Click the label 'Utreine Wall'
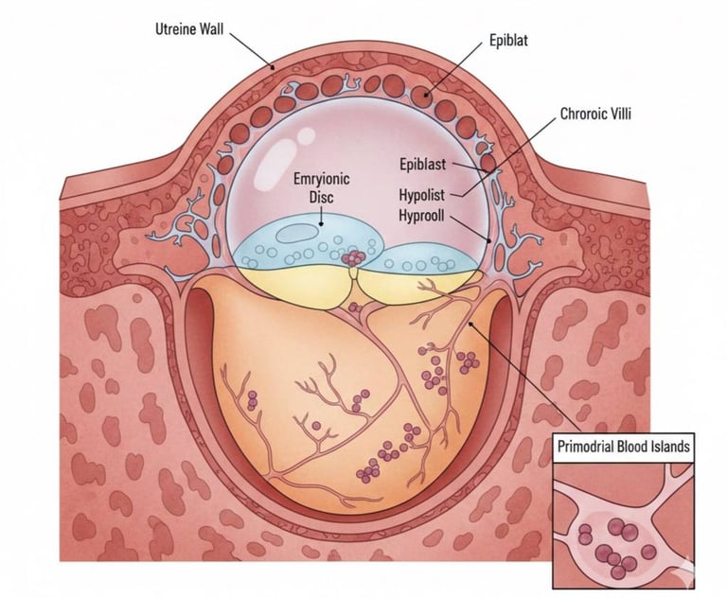pyautogui.click(x=189, y=28)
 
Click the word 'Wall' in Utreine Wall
pyautogui.click(x=213, y=28)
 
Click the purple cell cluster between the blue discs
pyautogui.click(x=353, y=258)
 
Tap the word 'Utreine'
pyautogui.click(x=173, y=28)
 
